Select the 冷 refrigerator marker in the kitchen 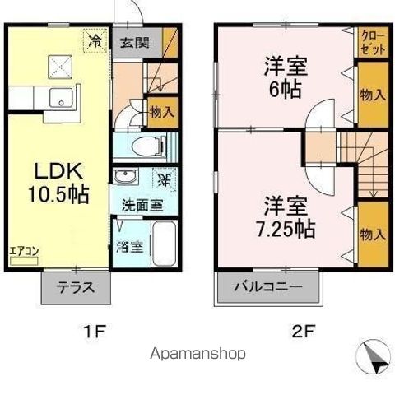tap(95, 39)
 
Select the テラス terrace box tap(75, 288)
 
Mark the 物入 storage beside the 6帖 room tap(373, 95)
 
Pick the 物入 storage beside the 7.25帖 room tap(373, 234)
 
